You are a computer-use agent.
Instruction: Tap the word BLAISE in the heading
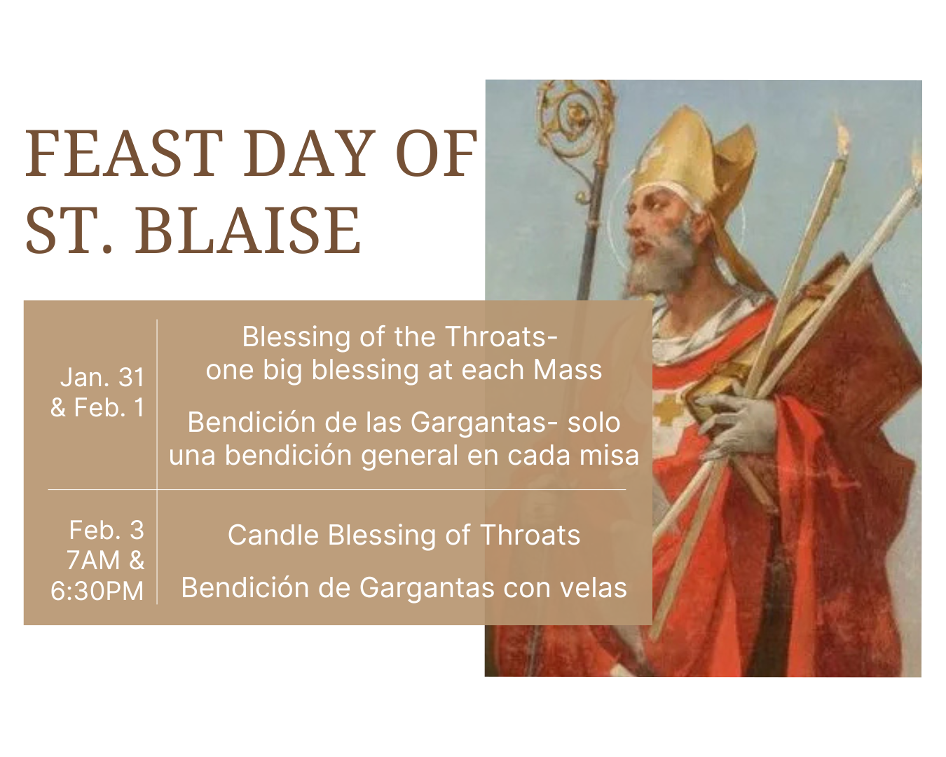248,230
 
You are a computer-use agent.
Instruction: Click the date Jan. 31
102,377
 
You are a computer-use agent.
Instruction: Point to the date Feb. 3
107,530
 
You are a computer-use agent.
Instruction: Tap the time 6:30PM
97,590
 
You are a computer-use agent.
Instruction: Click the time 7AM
93,560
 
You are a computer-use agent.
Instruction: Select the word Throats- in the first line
501,336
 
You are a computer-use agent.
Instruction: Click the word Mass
567,369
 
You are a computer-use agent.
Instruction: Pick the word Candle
273,535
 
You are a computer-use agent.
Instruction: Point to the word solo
594,422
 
